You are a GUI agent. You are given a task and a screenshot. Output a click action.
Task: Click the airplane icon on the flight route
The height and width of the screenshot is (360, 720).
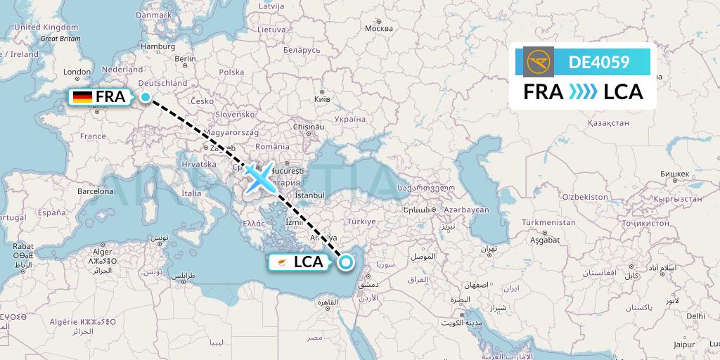(x=259, y=178)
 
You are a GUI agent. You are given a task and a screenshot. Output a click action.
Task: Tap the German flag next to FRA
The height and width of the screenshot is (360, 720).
(x=83, y=97)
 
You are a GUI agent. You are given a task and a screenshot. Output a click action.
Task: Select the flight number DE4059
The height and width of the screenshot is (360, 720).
(x=599, y=62)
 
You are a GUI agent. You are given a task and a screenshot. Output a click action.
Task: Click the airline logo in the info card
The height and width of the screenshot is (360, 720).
(x=539, y=61)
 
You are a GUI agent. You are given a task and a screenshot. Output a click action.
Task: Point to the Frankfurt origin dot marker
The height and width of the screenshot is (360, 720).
(x=145, y=98)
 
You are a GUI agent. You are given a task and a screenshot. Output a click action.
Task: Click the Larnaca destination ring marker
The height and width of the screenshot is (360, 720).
(x=346, y=263)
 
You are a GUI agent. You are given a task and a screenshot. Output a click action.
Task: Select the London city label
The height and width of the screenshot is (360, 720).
(x=77, y=72)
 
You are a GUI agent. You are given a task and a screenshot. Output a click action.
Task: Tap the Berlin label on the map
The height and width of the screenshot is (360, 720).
(x=185, y=59)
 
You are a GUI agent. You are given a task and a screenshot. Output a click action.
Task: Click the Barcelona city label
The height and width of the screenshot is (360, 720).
(x=95, y=191)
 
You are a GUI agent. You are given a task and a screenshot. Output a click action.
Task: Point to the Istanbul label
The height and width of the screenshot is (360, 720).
(x=309, y=195)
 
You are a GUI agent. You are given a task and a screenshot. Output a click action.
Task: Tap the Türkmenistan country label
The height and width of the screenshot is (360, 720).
(x=548, y=222)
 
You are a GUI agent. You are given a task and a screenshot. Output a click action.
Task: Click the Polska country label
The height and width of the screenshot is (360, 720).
(x=231, y=72)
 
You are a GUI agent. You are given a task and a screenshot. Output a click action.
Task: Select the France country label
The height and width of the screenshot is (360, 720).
(x=92, y=136)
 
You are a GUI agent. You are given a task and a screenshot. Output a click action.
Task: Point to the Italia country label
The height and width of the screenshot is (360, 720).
(x=191, y=193)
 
